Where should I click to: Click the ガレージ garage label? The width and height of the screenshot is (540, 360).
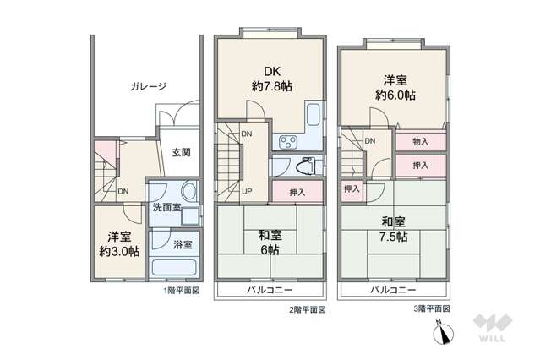[149, 86]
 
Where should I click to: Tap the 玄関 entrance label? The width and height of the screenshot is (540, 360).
[181, 152]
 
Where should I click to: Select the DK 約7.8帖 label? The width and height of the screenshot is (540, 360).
[272, 79]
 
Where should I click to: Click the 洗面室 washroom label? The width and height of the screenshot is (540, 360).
[167, 207]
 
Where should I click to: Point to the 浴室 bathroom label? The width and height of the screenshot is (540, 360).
[183, 245]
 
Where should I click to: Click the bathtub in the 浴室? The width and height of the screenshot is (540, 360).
[174, 267]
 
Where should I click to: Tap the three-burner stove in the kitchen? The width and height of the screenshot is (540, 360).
[288, 142]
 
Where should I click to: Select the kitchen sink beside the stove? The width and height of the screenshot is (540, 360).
[314, 114]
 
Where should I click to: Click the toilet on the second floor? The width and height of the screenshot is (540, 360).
[305, 166]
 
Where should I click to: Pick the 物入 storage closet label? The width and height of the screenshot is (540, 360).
[420, 141]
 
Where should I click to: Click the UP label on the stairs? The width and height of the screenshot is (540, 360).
[247, 191]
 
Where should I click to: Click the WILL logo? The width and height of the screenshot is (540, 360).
[493, 327]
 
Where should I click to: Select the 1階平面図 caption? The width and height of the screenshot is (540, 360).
[182, 291]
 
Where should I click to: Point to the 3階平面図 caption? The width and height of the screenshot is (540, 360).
[432, 308]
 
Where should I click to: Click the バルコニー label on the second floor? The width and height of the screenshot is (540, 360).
[270, 290]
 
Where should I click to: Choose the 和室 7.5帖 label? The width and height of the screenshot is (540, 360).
[393, 229]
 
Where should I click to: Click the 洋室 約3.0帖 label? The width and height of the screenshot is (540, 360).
[119, 244]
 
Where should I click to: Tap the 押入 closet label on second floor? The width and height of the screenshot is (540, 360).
[297, 192]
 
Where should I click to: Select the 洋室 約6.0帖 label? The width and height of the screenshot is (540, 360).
[395, 88]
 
